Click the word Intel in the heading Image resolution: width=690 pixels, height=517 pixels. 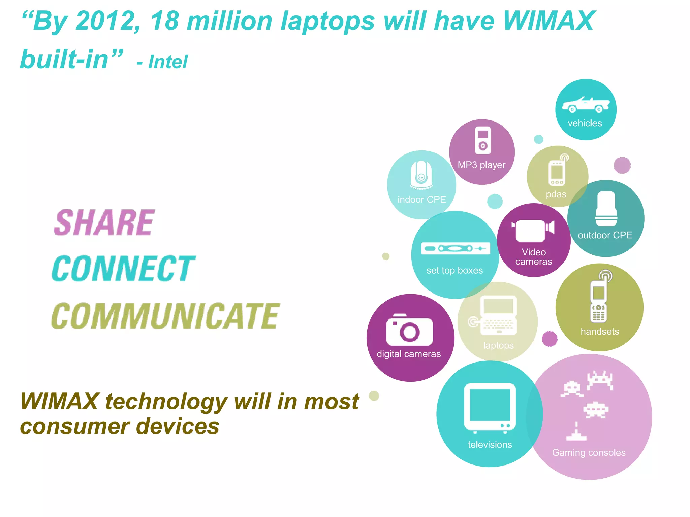pos(168,62)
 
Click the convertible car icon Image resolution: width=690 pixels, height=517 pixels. pos(586,105)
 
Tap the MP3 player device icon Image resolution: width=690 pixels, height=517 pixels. pos(482,140)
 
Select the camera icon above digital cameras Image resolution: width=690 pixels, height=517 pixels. pos(410,330)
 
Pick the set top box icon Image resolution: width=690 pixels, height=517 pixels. pos(455,249)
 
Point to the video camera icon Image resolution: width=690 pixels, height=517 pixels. pos(533,230)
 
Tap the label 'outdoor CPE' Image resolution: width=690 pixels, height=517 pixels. pos(605,235)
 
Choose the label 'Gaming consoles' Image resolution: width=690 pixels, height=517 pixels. pos(589,453)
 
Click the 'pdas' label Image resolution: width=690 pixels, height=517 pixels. pos(556,194)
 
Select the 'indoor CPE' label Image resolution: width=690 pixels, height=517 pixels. pos(421,200)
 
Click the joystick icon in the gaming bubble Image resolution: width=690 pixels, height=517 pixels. pos(576,432)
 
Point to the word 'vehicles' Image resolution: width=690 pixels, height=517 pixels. pos(585,123)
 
